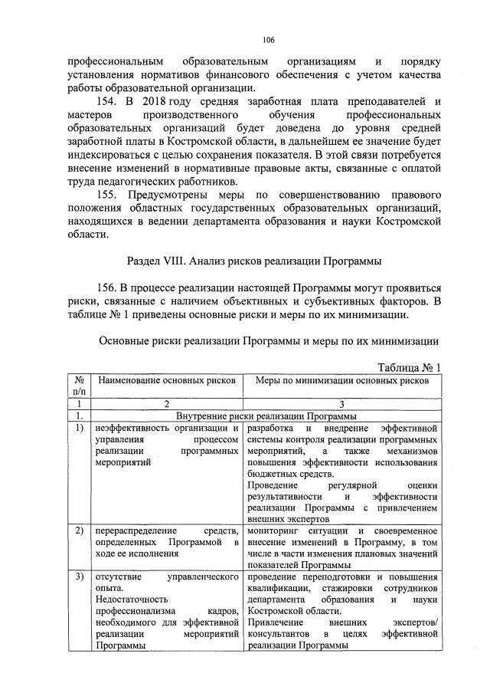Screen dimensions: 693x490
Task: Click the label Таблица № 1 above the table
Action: click(410, 366)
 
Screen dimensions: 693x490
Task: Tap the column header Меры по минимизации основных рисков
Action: click(341, 380)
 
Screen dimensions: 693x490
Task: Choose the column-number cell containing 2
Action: click(165, 403)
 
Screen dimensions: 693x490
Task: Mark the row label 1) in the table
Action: click(78, 428)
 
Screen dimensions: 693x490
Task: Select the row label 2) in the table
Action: click(78, 531)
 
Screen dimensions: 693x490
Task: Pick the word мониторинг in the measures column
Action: click(276, 531)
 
